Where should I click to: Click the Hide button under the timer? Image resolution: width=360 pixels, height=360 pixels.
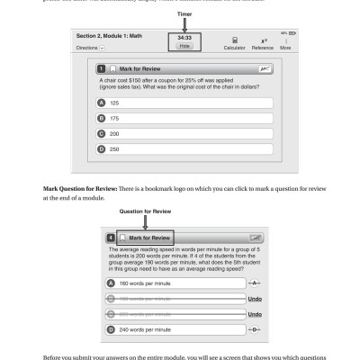(x=184, y=45)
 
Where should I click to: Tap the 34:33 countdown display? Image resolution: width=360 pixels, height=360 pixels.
(x=184, y=37)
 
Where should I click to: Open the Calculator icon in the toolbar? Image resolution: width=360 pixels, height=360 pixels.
(x=235, y=41)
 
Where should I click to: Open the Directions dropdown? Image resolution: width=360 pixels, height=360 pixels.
(x=89, y=46)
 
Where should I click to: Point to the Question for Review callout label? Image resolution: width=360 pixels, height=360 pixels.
(x=144, y=212)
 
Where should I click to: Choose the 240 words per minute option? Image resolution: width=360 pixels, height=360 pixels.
(x=171, y=329)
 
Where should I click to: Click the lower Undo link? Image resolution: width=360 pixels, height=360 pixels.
(x=255, y=314)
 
